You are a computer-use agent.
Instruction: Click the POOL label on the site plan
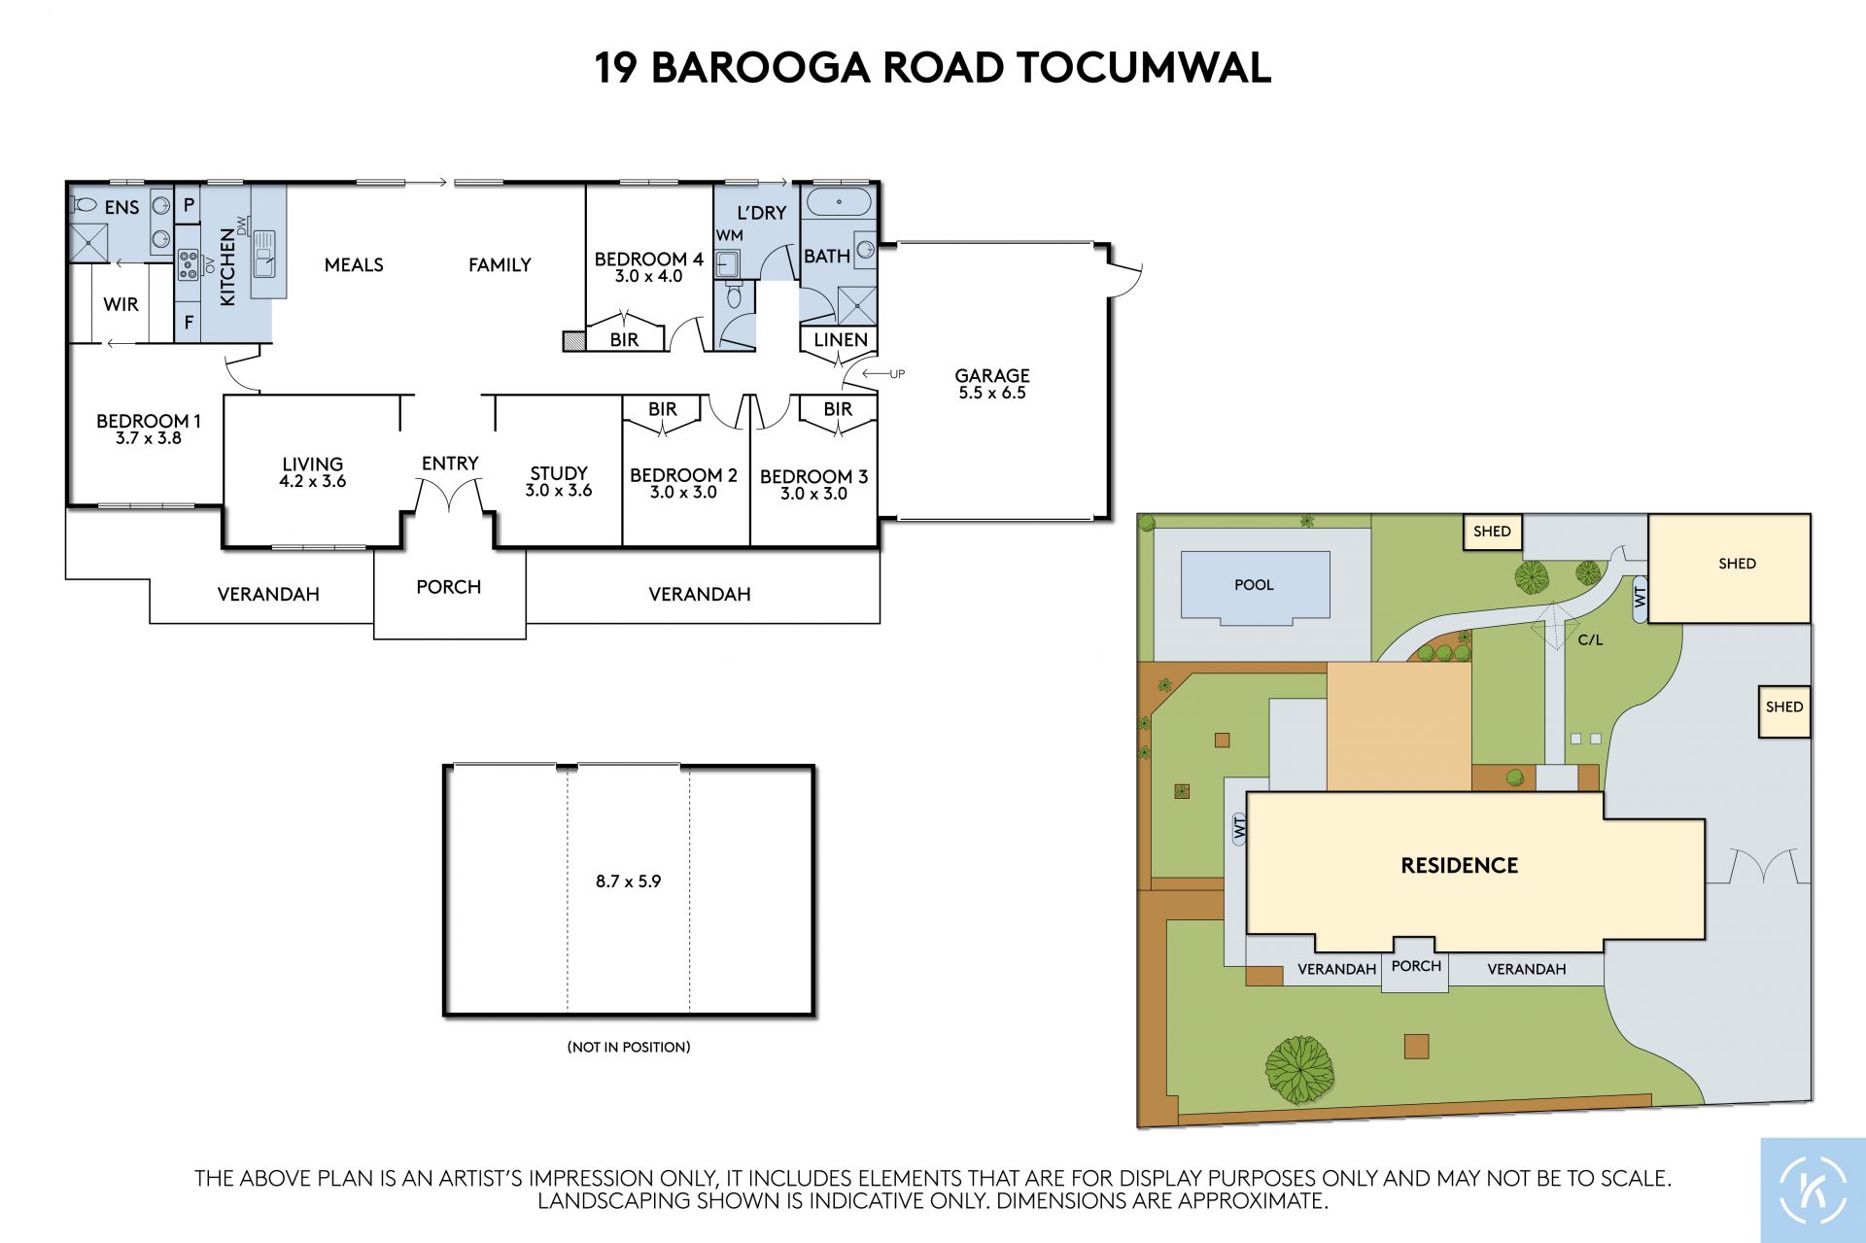[x=1254, y=585]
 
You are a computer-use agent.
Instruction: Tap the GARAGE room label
[x=992, y=375]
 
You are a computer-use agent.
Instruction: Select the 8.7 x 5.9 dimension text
[x=628, y=881]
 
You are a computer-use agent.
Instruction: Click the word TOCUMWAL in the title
[x=1144, y=68]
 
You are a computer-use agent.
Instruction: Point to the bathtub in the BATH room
[x=840, y=203]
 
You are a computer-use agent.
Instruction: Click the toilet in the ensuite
[x=84, y=205]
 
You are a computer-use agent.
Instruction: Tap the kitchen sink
[x=264, y=254]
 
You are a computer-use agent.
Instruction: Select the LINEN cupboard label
[x=841, y=340]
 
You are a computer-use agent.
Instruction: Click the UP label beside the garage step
[x=897, y=374]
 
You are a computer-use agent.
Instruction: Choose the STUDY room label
[x=559, y=473]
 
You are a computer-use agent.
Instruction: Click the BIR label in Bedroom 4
[x=624, y=340]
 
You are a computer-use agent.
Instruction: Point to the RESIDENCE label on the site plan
[x=1459, y=866]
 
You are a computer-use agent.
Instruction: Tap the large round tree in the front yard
[x=1299, y=1069]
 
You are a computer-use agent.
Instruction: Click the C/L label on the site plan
[x=1590, y=639]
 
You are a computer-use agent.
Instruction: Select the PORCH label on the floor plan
[x=448, y=587]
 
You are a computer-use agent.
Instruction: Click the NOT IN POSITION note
[x=629, y=1047]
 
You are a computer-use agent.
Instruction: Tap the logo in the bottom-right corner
[x=1813, y=1190]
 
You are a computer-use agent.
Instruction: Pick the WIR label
[x=121, y=304]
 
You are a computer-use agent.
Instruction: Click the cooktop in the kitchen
[x=188, y=265]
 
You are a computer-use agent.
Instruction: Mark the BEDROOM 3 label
[x=813, y=476]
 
